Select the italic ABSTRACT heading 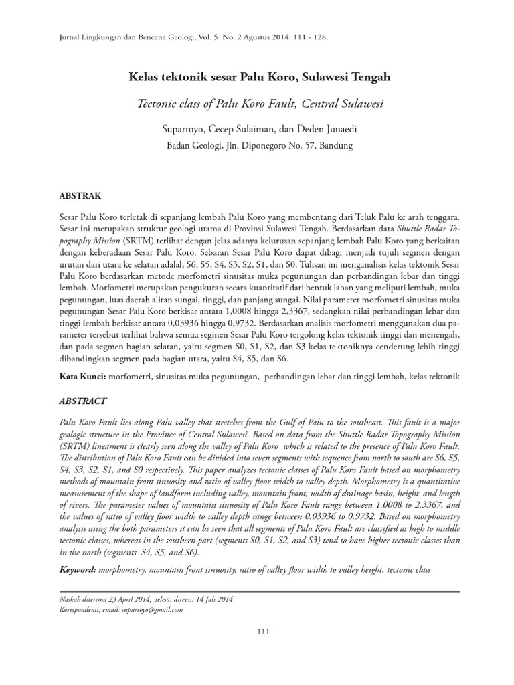point(82,401)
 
